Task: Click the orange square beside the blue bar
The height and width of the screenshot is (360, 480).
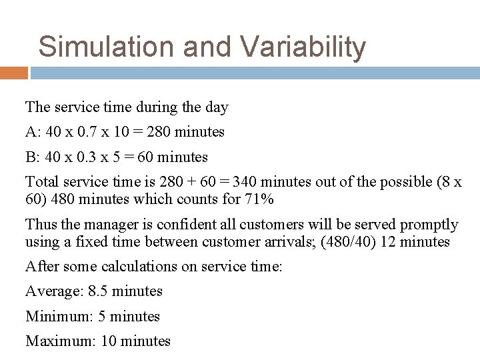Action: [x=14, y=72]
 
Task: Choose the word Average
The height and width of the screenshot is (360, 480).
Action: [x=53, y=291]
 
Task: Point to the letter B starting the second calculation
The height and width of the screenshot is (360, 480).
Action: [x=30, y=157]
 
